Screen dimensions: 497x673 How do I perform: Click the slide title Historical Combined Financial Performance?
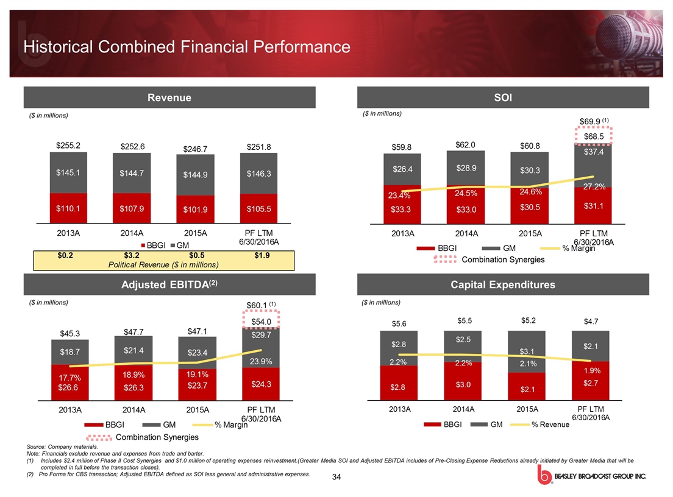pos(186,47)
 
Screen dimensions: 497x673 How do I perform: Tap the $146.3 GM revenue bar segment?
pos(258,174)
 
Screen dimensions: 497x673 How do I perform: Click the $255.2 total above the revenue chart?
pos(68,146)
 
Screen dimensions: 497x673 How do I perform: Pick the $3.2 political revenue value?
pos(132,255)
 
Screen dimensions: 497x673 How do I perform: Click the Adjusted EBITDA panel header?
pos(169,284)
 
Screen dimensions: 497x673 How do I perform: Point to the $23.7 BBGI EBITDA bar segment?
pos(197,385)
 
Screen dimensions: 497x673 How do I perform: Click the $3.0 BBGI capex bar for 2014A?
pos(465,384)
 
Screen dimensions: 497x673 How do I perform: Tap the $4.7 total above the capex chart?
pos(591,321)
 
